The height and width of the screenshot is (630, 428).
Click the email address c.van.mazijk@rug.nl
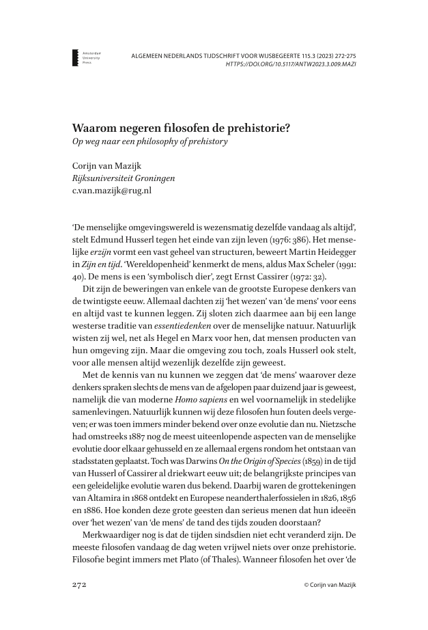[111, 191]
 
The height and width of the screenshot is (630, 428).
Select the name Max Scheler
[296, 264]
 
